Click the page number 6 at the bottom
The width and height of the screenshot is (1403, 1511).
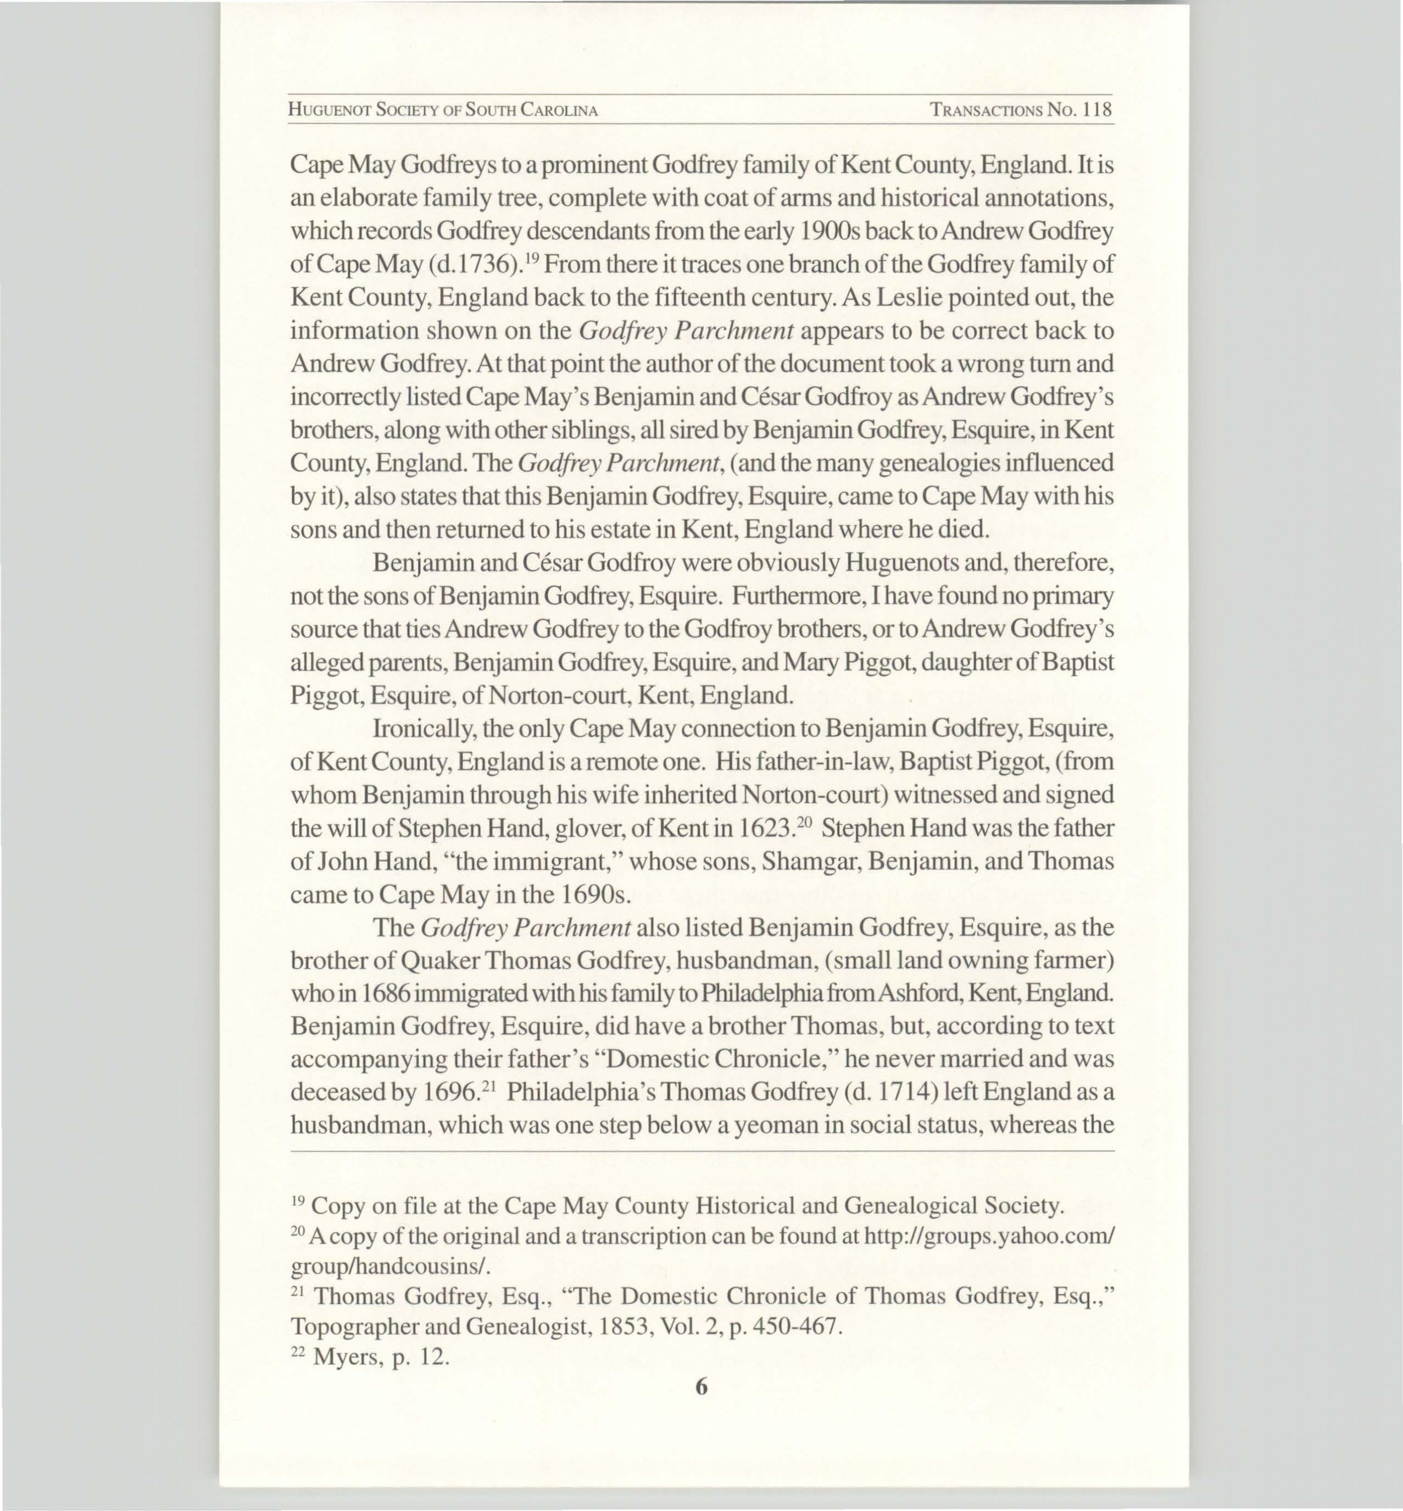tap(701, 1386)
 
